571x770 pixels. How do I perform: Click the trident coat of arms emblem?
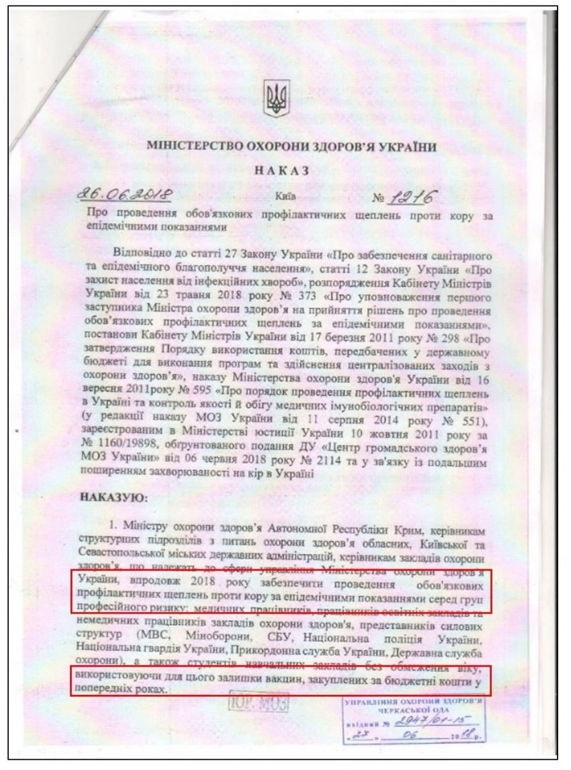click(x=276, y=100)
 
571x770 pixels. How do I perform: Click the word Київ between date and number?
click(x=285, y=199)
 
